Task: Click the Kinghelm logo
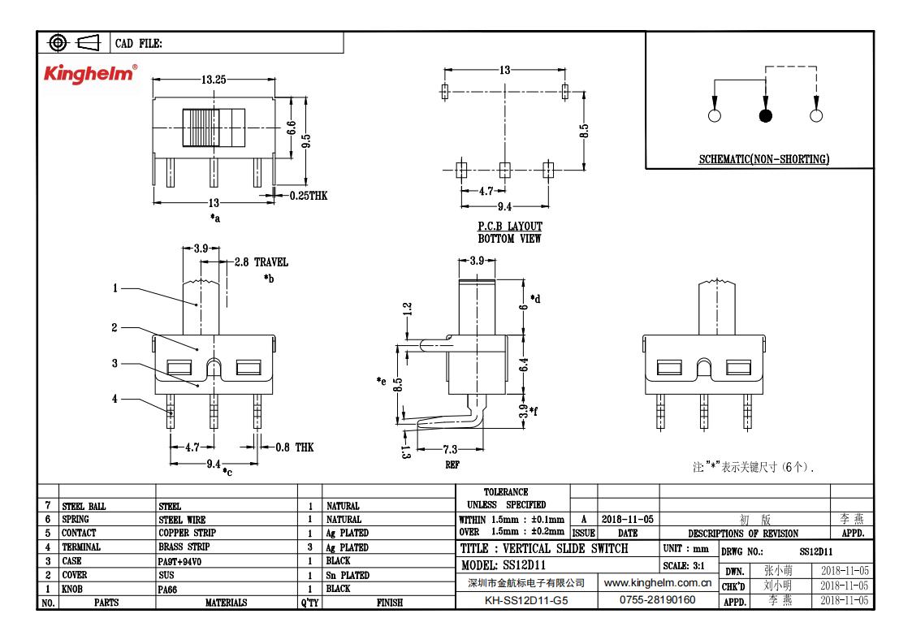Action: click(89, 74)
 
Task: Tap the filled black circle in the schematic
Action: click(765, 115)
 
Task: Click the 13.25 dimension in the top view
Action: click(214, 80)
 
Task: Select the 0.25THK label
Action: click(308, 195)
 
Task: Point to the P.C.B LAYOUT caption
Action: click(509, 227)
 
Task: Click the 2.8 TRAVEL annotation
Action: click(261, 262)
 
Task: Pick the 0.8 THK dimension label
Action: click(293, 447)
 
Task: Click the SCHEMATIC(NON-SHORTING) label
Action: click(763, 160)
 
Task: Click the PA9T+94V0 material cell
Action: click(183, 561)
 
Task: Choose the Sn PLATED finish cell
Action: click(347, 575)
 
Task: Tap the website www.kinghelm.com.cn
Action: click(659, 583)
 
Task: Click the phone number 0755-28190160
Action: click(657, 601)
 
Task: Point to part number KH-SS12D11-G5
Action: click(528, 601)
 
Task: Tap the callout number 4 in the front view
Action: click(115, 398)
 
